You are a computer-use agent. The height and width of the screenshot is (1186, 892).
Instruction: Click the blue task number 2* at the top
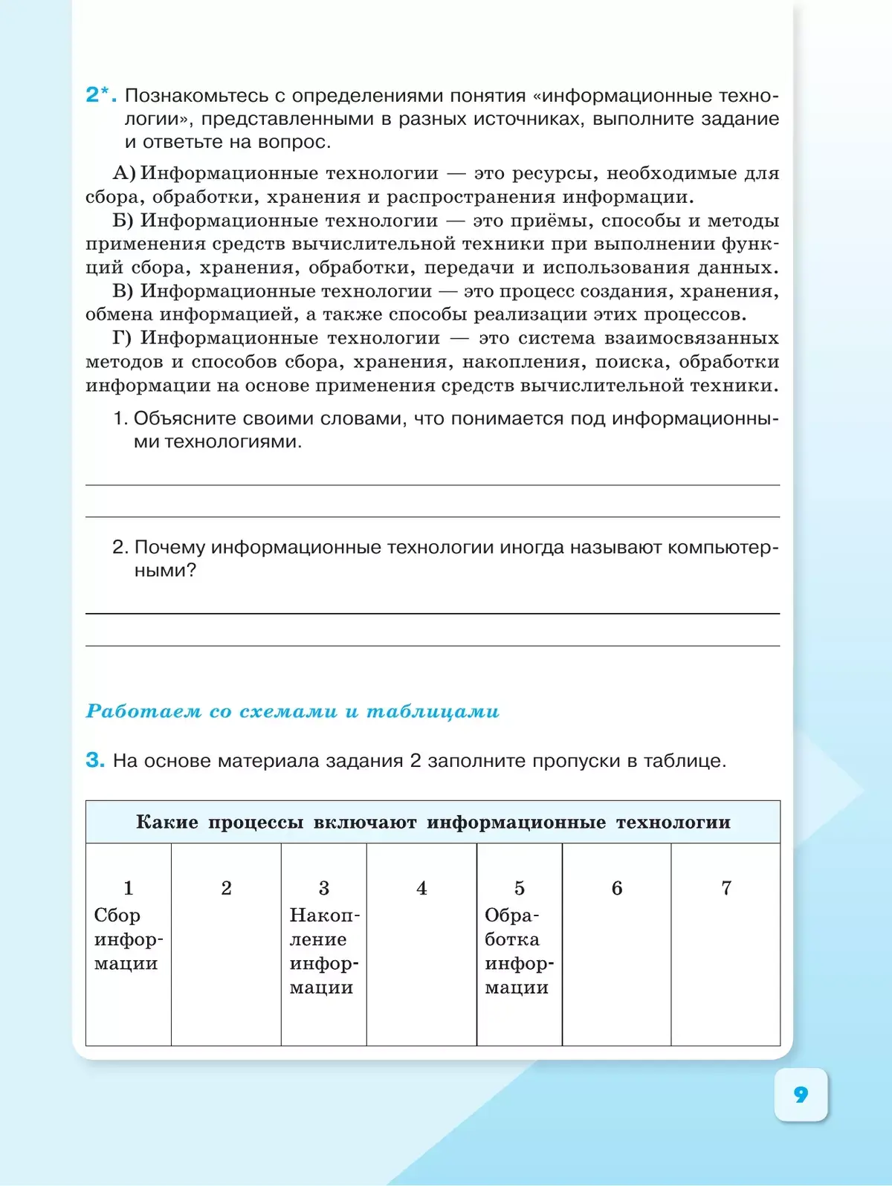coord(100,95)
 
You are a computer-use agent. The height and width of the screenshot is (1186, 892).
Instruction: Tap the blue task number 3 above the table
coord(95,760)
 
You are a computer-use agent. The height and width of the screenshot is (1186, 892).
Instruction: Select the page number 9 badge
coord(801,1094)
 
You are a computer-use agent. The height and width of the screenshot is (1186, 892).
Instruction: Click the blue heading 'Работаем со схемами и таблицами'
coord(293,711)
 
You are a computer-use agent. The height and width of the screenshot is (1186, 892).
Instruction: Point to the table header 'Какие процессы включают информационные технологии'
coord(433,822)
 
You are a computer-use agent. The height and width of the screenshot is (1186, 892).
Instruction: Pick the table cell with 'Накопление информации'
coord(323,944)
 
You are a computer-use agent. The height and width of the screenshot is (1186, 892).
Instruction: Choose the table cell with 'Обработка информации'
coord(519,944)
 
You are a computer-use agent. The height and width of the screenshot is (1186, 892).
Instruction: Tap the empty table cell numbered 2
coord(226,944)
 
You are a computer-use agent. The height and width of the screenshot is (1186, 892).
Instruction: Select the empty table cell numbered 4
coord(421,944)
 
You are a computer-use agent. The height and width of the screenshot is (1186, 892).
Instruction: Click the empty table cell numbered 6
coord(616,944)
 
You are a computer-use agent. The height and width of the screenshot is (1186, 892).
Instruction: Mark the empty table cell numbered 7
coord(725,944)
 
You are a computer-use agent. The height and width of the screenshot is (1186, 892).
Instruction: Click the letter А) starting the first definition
coord(124,173)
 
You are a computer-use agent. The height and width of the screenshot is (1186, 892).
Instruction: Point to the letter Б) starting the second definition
coord(123,221)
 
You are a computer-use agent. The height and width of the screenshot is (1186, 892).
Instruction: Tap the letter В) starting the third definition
coord(123,291)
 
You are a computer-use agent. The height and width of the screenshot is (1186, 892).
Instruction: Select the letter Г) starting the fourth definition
coord(123,338)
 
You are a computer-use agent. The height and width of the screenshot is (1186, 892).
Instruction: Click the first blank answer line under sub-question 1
coord(433,484)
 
